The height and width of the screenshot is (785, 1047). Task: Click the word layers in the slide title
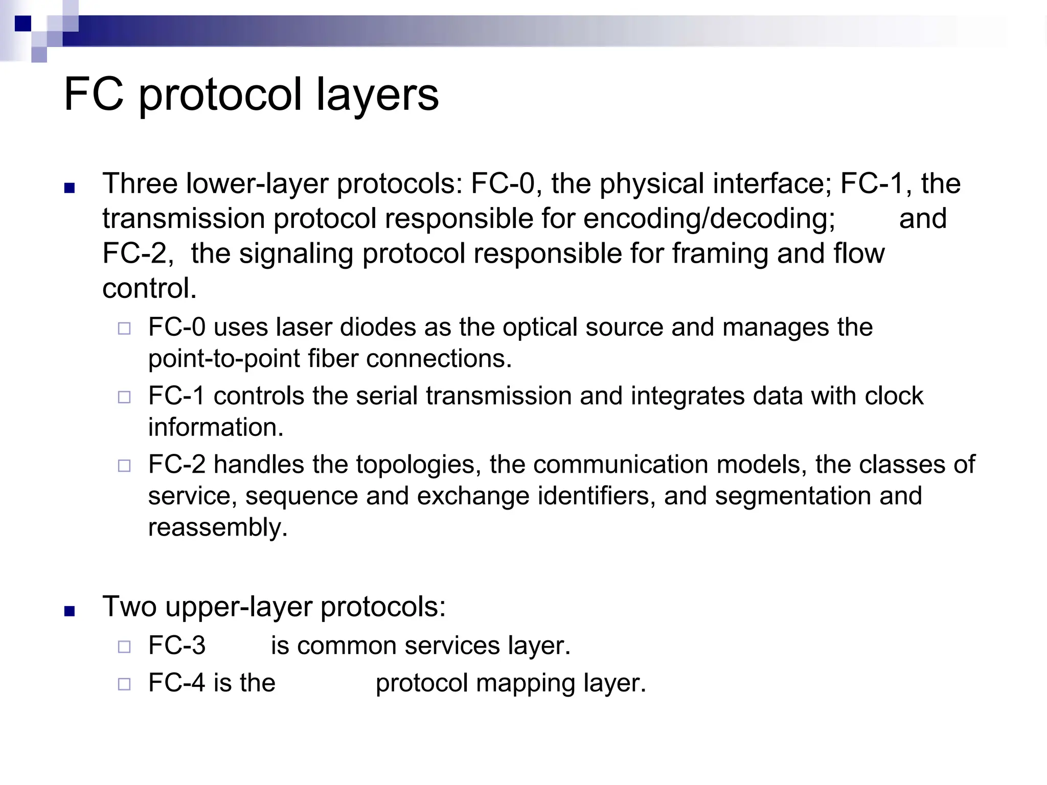pyautogui.click(x=377, y=95)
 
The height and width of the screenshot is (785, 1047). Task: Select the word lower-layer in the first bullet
pyautogui.click(x=257, y=183)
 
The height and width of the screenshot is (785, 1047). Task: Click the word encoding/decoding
pyautogui.click(x=709, y=219)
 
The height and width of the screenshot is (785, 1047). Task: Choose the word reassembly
pyautogui.click(x=217, y=527)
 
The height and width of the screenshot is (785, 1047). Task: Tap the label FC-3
pyautogui.click(x=177, y=645)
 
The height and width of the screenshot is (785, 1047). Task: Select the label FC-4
pyautogui.click(x=177, y=683)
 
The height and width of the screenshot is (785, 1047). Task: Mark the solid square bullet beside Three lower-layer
pyautogui.click(x=70, y=188)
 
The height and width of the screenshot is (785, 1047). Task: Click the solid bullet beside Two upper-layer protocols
pyautogui.click(x=70, y=611)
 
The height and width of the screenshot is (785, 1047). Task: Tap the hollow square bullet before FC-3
pyautogui.click(x=124, y=647)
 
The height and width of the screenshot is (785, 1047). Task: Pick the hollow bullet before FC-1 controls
pyautogui.click(x=124, y=397)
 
